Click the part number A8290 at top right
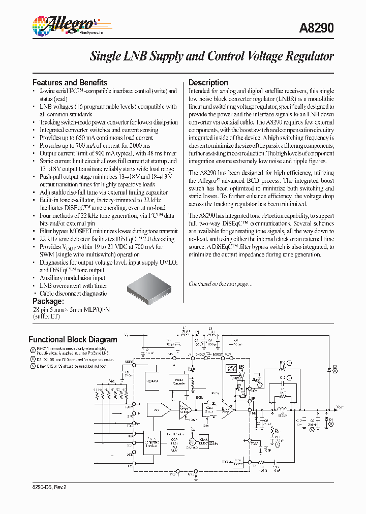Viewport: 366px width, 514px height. tap(319, 28)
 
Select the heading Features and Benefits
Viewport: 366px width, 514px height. tap(70, 82)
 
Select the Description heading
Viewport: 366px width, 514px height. tap(208, 82)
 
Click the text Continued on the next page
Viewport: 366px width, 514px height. tap(220, 284)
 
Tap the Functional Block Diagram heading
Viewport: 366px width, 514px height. tap(73, 339)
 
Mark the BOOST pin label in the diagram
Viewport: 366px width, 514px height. tap(218, 354)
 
